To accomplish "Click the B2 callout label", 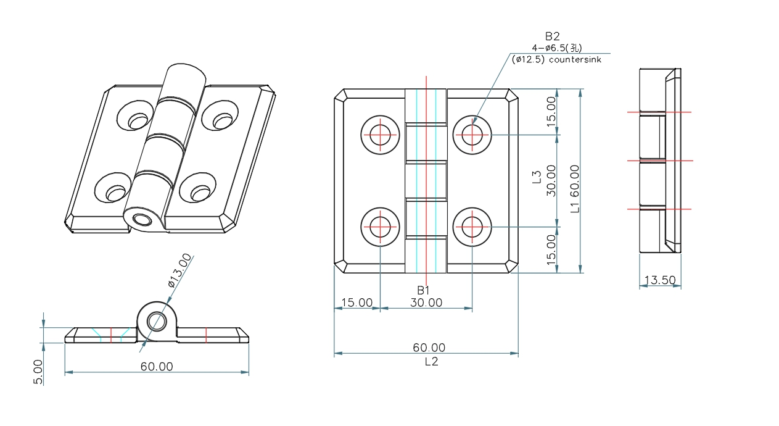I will [552, 37].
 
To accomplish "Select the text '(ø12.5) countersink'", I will [556, 60].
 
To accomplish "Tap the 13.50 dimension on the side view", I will [659, 280].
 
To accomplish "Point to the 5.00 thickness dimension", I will [39, 372].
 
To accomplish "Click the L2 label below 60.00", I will [431, 362].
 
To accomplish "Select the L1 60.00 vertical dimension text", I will [575, 188].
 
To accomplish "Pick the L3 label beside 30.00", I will [537, 177].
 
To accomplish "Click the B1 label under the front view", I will [423, 290].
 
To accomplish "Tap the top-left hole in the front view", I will [381, 134].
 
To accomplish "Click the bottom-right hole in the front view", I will [472, 227].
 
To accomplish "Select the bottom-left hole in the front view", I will [381, 227].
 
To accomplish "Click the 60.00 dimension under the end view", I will [157, 366].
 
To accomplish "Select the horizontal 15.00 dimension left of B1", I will [357, 303].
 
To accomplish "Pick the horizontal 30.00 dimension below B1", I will [426, 303].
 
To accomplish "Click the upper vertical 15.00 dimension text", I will [551, 111].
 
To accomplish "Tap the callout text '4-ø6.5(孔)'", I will [556, 48].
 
